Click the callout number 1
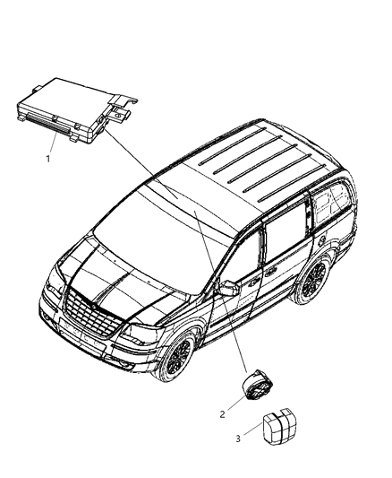pyautogui.click(x=47, y=159)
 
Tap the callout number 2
pyautogui.click(x=222, y=414)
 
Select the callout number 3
pyautogui.click(x=238, y=439)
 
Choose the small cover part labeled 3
pyautogui.click(x=279, y=426)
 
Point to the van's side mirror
pyautogui.click(x=229, y=289)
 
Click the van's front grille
pyautogui.click(x=92, y=315)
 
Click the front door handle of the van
pyautogui.click(x=252, y=283)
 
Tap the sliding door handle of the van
pyautogui.click(x=269, y=274)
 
